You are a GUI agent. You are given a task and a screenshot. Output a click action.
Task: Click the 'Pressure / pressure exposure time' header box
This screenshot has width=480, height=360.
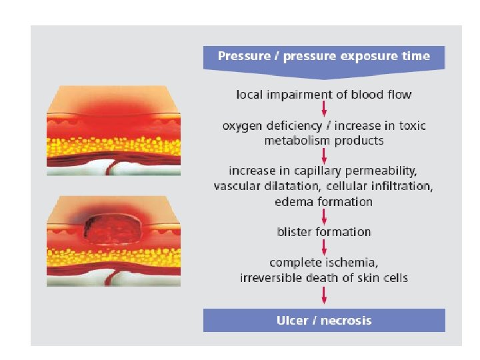coord(323,57)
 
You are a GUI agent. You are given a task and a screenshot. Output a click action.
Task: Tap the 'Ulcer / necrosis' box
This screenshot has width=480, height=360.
coord(323,321)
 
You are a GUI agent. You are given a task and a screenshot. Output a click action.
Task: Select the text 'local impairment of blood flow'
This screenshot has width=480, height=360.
coord(323,95)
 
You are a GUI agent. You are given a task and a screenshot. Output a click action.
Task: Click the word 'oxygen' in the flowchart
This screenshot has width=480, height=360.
coord(242,125)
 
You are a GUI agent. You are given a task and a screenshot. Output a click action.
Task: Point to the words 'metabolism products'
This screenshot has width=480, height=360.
coord(324,141)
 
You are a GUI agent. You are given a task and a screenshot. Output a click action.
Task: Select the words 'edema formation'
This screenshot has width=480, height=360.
coord(323,201)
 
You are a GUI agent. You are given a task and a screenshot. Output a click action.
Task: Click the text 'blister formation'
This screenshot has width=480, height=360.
coord(323,232)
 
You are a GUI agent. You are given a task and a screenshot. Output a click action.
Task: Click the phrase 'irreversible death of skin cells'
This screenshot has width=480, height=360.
coord(323,277)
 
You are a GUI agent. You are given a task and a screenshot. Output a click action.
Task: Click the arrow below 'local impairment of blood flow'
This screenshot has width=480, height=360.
coord(323,109)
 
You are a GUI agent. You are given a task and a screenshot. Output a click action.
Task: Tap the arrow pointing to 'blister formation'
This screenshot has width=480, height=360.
coord(323,217)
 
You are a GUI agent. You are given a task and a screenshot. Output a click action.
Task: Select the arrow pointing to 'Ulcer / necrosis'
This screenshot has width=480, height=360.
coord(323,295)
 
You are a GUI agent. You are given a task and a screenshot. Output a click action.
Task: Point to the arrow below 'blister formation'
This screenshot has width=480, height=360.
coord(323,247)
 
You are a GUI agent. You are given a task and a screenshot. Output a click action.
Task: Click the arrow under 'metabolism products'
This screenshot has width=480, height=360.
coord(323,155)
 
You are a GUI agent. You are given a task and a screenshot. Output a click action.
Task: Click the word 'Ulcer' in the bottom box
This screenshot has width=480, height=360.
coord(291,321)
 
